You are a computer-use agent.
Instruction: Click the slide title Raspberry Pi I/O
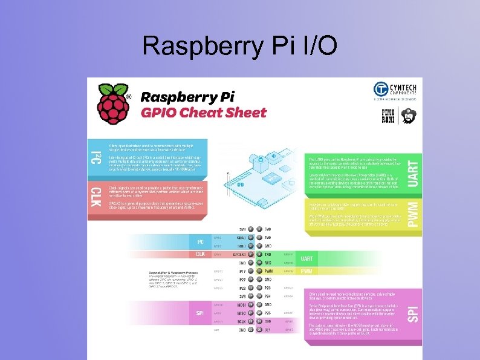click(240, 45)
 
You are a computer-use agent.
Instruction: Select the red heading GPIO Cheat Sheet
click(203, 113)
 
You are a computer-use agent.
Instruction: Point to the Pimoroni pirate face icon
click(409, 116)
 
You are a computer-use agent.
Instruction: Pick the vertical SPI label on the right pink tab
click(412, 313)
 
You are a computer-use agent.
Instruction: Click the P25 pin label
click(268, 313)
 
